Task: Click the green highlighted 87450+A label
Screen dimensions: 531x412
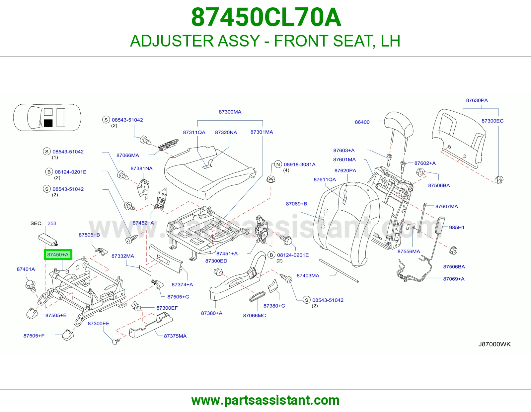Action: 58,255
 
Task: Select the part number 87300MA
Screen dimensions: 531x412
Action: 230,112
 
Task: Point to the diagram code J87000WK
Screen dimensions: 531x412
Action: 494,344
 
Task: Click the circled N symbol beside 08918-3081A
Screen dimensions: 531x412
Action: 278,164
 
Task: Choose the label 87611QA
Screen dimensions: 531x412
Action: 325,179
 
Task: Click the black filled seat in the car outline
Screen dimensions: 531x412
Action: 48,123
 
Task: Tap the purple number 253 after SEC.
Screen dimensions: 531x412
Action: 52,223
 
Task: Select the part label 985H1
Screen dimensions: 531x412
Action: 457,228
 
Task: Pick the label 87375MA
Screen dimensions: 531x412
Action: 175,336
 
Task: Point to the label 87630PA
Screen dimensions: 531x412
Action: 477,100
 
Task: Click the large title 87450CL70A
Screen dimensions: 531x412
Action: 266,17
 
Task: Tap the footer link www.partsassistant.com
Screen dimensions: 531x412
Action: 265,400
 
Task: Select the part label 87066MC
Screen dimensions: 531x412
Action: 254,316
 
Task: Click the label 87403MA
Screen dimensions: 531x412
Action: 308,275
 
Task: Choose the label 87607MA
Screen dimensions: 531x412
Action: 447,206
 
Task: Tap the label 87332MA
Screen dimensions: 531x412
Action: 123,256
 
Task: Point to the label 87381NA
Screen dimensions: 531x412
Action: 141,168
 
